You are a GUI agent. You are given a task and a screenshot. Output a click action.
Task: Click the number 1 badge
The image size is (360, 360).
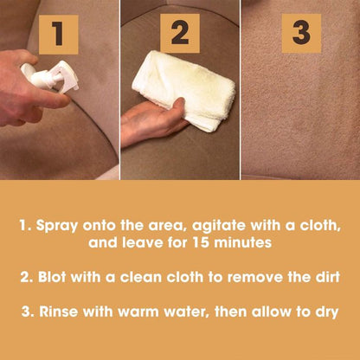point(59,35)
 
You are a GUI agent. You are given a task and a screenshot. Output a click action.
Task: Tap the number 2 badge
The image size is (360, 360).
point(180,34)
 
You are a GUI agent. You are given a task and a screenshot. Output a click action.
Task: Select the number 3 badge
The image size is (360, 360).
point(301,34)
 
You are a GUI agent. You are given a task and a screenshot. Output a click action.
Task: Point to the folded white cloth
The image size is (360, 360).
point(183,90)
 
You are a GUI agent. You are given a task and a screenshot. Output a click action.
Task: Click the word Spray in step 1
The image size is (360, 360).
point(57,226)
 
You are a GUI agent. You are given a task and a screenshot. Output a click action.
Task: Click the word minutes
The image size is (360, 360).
point(242,242)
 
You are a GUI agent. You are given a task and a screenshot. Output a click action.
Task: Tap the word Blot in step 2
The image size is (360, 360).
point(53,277)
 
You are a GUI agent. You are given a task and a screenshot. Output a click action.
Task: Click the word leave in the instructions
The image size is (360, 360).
point(142,242)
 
